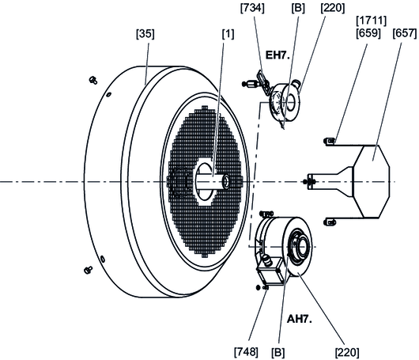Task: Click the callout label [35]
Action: point(145,34)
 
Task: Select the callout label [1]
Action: point(228,34)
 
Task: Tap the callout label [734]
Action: point(252,8)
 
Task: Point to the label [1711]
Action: point(372,21)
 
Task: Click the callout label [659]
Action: point(368,33)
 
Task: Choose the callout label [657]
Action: point(405,33)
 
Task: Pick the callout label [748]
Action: point(246,352)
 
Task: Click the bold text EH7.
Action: point(277,55)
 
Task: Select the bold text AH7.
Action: point(300,319)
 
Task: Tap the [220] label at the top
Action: point(333,8)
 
